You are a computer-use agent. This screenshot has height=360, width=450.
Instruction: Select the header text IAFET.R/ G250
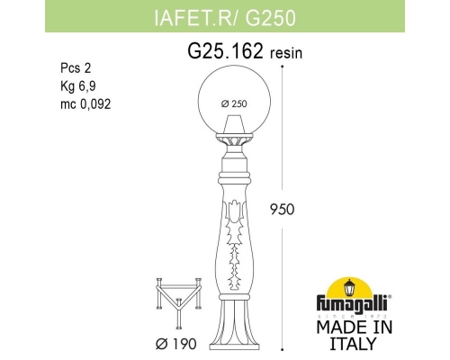tap(224, 15)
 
